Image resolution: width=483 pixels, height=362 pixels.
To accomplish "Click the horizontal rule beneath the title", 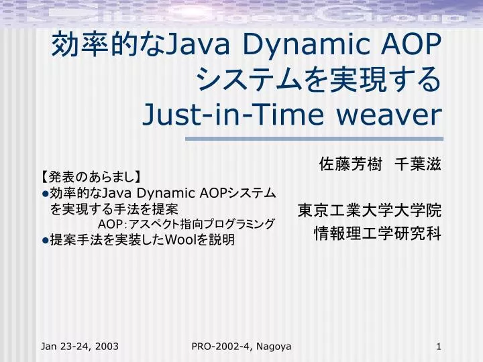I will coord(313,139).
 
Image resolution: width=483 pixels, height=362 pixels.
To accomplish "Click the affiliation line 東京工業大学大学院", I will coord(370,211).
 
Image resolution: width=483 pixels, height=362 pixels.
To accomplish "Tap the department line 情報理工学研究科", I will coord(378,234).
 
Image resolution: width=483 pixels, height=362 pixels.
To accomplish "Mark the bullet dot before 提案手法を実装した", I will coord(45,240).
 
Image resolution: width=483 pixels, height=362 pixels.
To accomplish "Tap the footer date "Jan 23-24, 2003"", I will coord(80,346).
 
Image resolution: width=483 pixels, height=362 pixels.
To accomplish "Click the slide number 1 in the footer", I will coord(438,346).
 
